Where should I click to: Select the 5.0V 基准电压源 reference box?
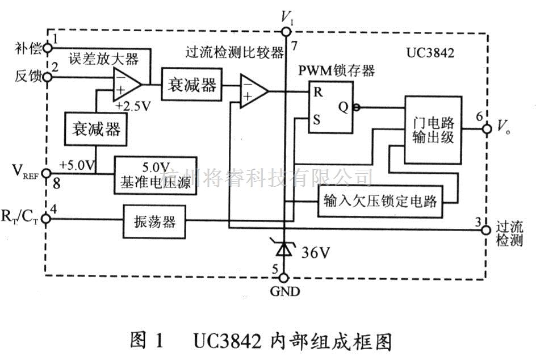coord(156,175)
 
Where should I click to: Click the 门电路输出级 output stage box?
coord(433,129)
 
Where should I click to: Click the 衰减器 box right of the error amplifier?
coord(191,85)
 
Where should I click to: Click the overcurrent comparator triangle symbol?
coord(253,91)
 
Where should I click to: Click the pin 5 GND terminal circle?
coord(284,278)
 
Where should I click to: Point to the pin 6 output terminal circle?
coord(486,129)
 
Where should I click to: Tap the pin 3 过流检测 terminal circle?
coord(486,230)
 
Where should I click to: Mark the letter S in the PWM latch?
coord(319,120)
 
